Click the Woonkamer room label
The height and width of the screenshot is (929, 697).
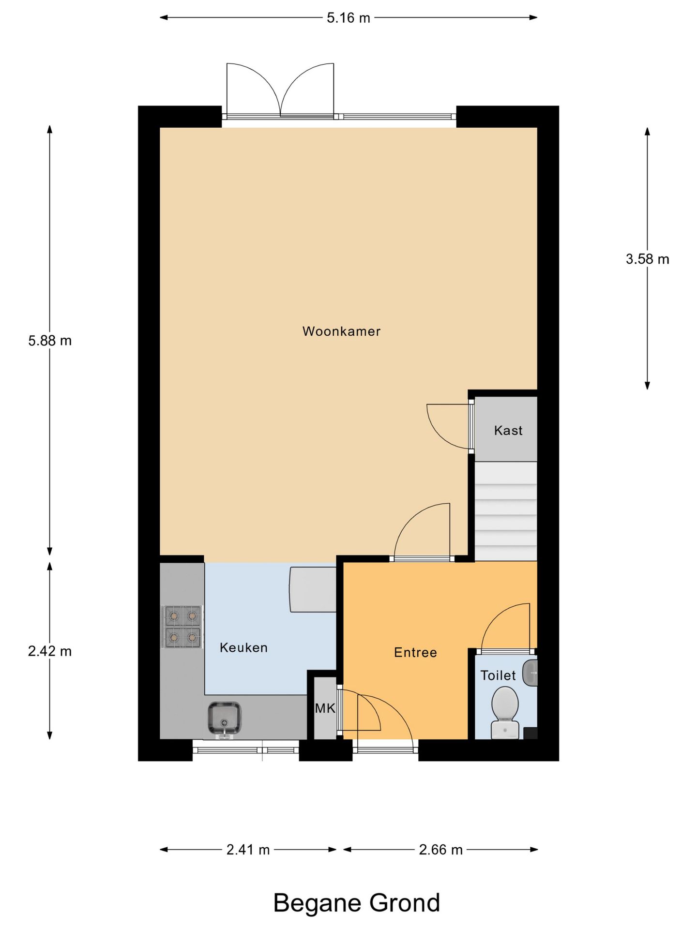[x=341, y=331]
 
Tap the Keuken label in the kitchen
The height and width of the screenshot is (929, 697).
[x=243, y=647]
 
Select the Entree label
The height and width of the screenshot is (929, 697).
[x=415, y=652]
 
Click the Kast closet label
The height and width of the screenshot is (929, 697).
[x=508, y=430]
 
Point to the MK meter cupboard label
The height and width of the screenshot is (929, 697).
[x=325, y=708]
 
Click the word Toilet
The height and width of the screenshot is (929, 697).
[x=498, y=675]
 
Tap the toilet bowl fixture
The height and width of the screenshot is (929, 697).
[x=505, y=711]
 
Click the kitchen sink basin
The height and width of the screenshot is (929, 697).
[x=224, y=718]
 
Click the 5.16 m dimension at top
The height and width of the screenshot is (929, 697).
[x=348, y=18]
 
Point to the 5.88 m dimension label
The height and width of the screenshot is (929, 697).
[x=49, y=341]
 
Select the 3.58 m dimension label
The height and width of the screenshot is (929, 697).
[x=647, y=259]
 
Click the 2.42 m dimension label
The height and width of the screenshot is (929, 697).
[x=49, y=651]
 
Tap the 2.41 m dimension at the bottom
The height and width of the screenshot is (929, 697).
[x=248, y=850]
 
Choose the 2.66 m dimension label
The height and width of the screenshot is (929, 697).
[x=440, y=850]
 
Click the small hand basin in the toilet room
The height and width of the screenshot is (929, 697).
[x=531, y=673]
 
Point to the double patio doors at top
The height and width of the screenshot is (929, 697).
[x=280, y=92]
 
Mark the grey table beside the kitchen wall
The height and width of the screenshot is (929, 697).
[x=313, y=589]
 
